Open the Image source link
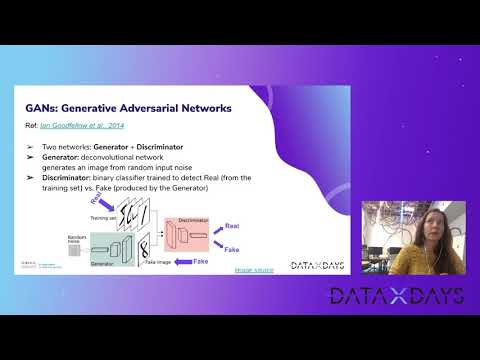[255, 270]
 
